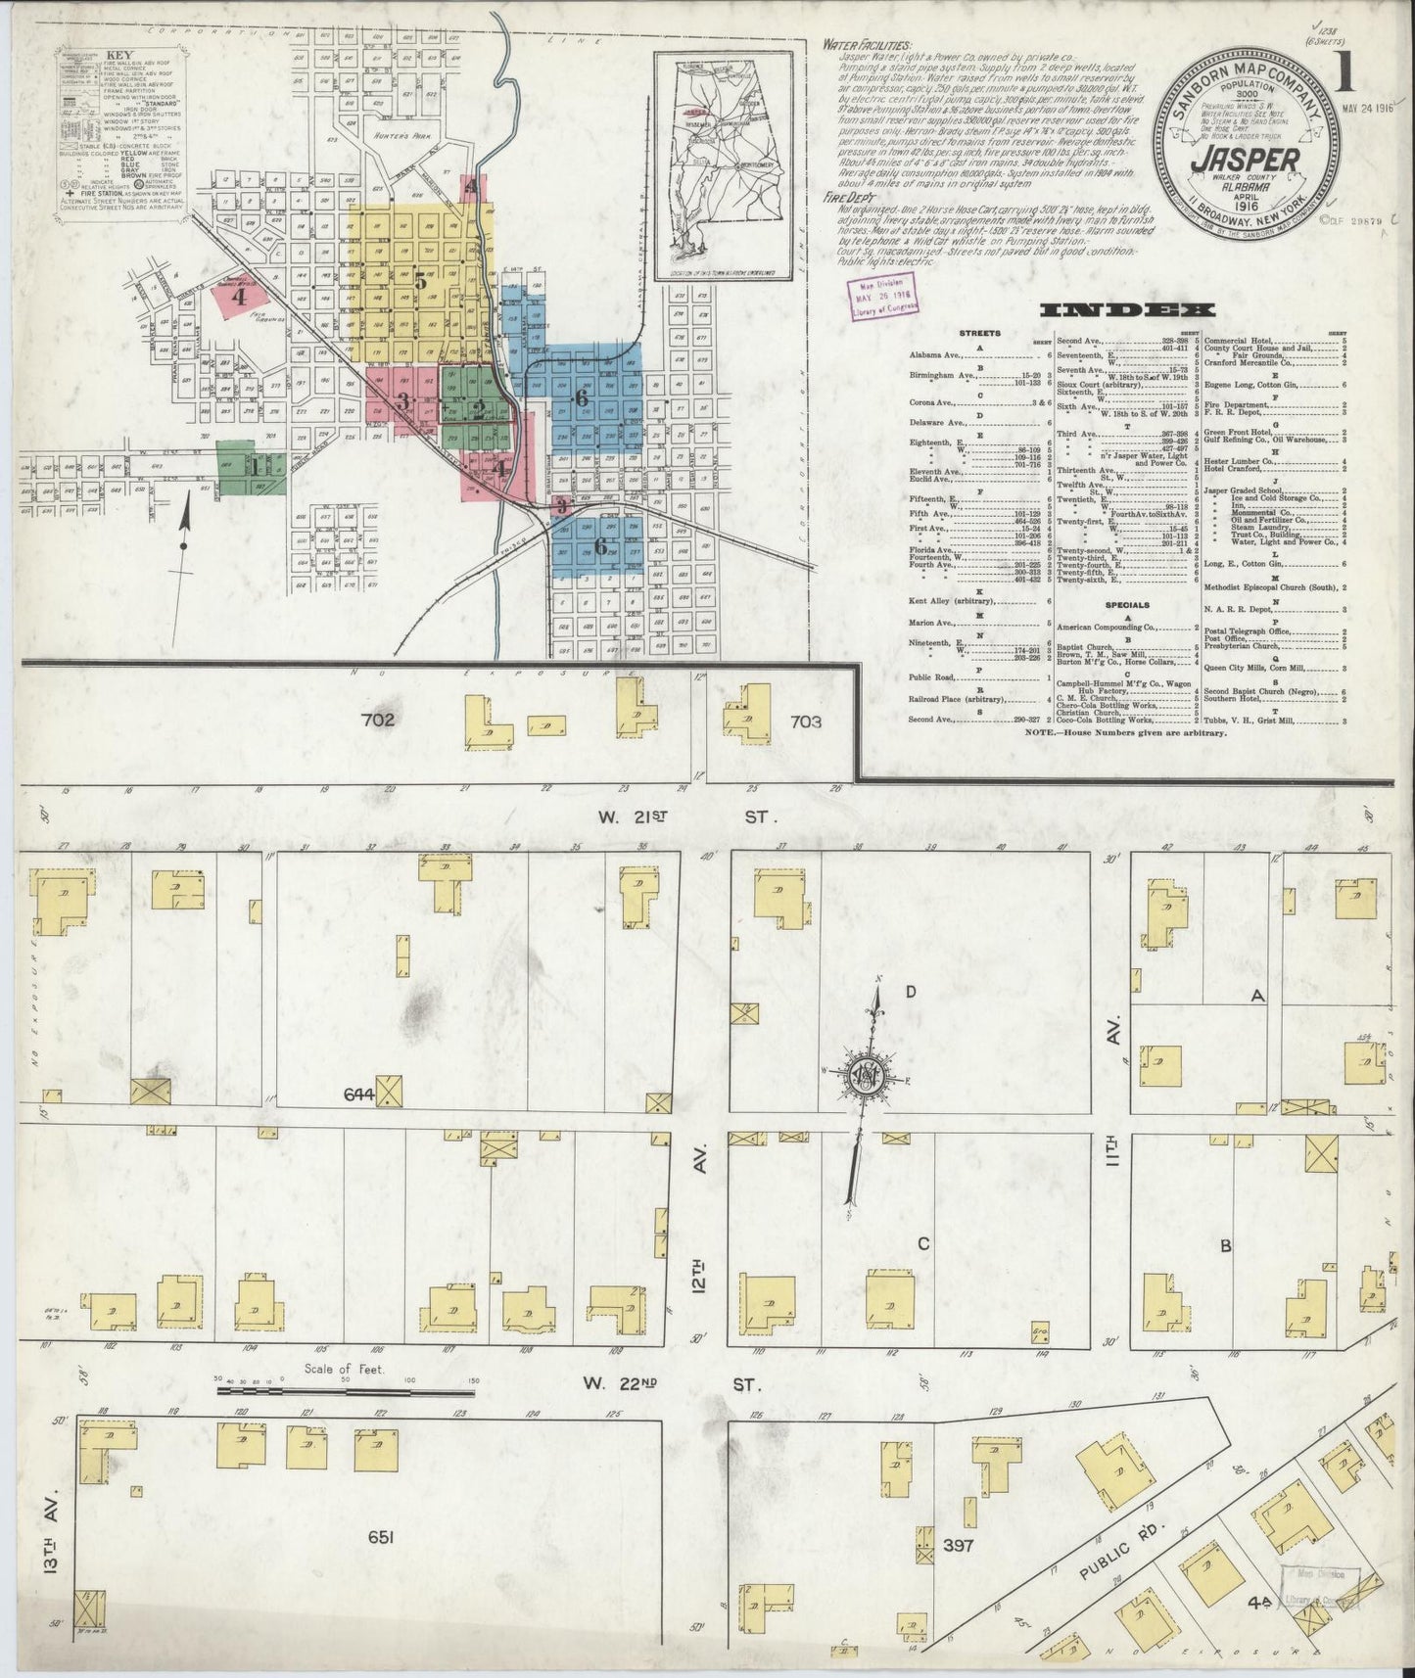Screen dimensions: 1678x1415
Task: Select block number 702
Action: click(x=377, y=721)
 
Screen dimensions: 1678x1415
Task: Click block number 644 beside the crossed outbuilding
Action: click(x=358, y=1093)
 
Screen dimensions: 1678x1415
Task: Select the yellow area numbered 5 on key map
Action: click(x=419, y=281)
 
